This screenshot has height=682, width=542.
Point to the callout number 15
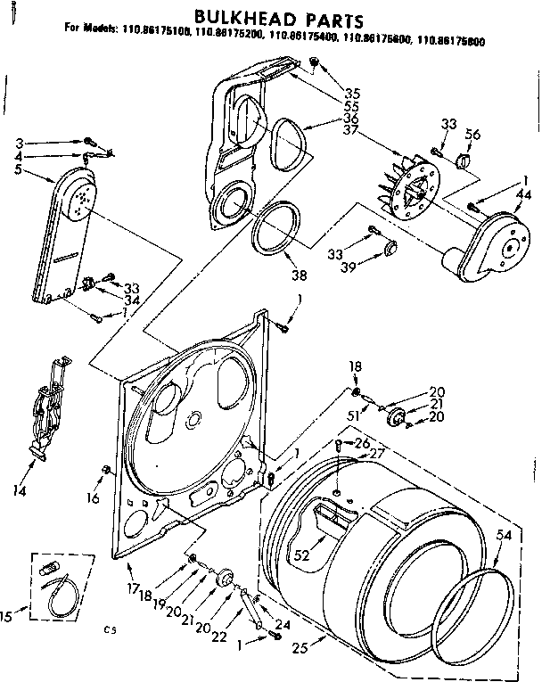(8, 614)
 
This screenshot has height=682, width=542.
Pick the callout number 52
(302, 555)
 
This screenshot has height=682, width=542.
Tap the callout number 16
(94, 498)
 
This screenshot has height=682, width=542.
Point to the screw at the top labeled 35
(314, 61)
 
